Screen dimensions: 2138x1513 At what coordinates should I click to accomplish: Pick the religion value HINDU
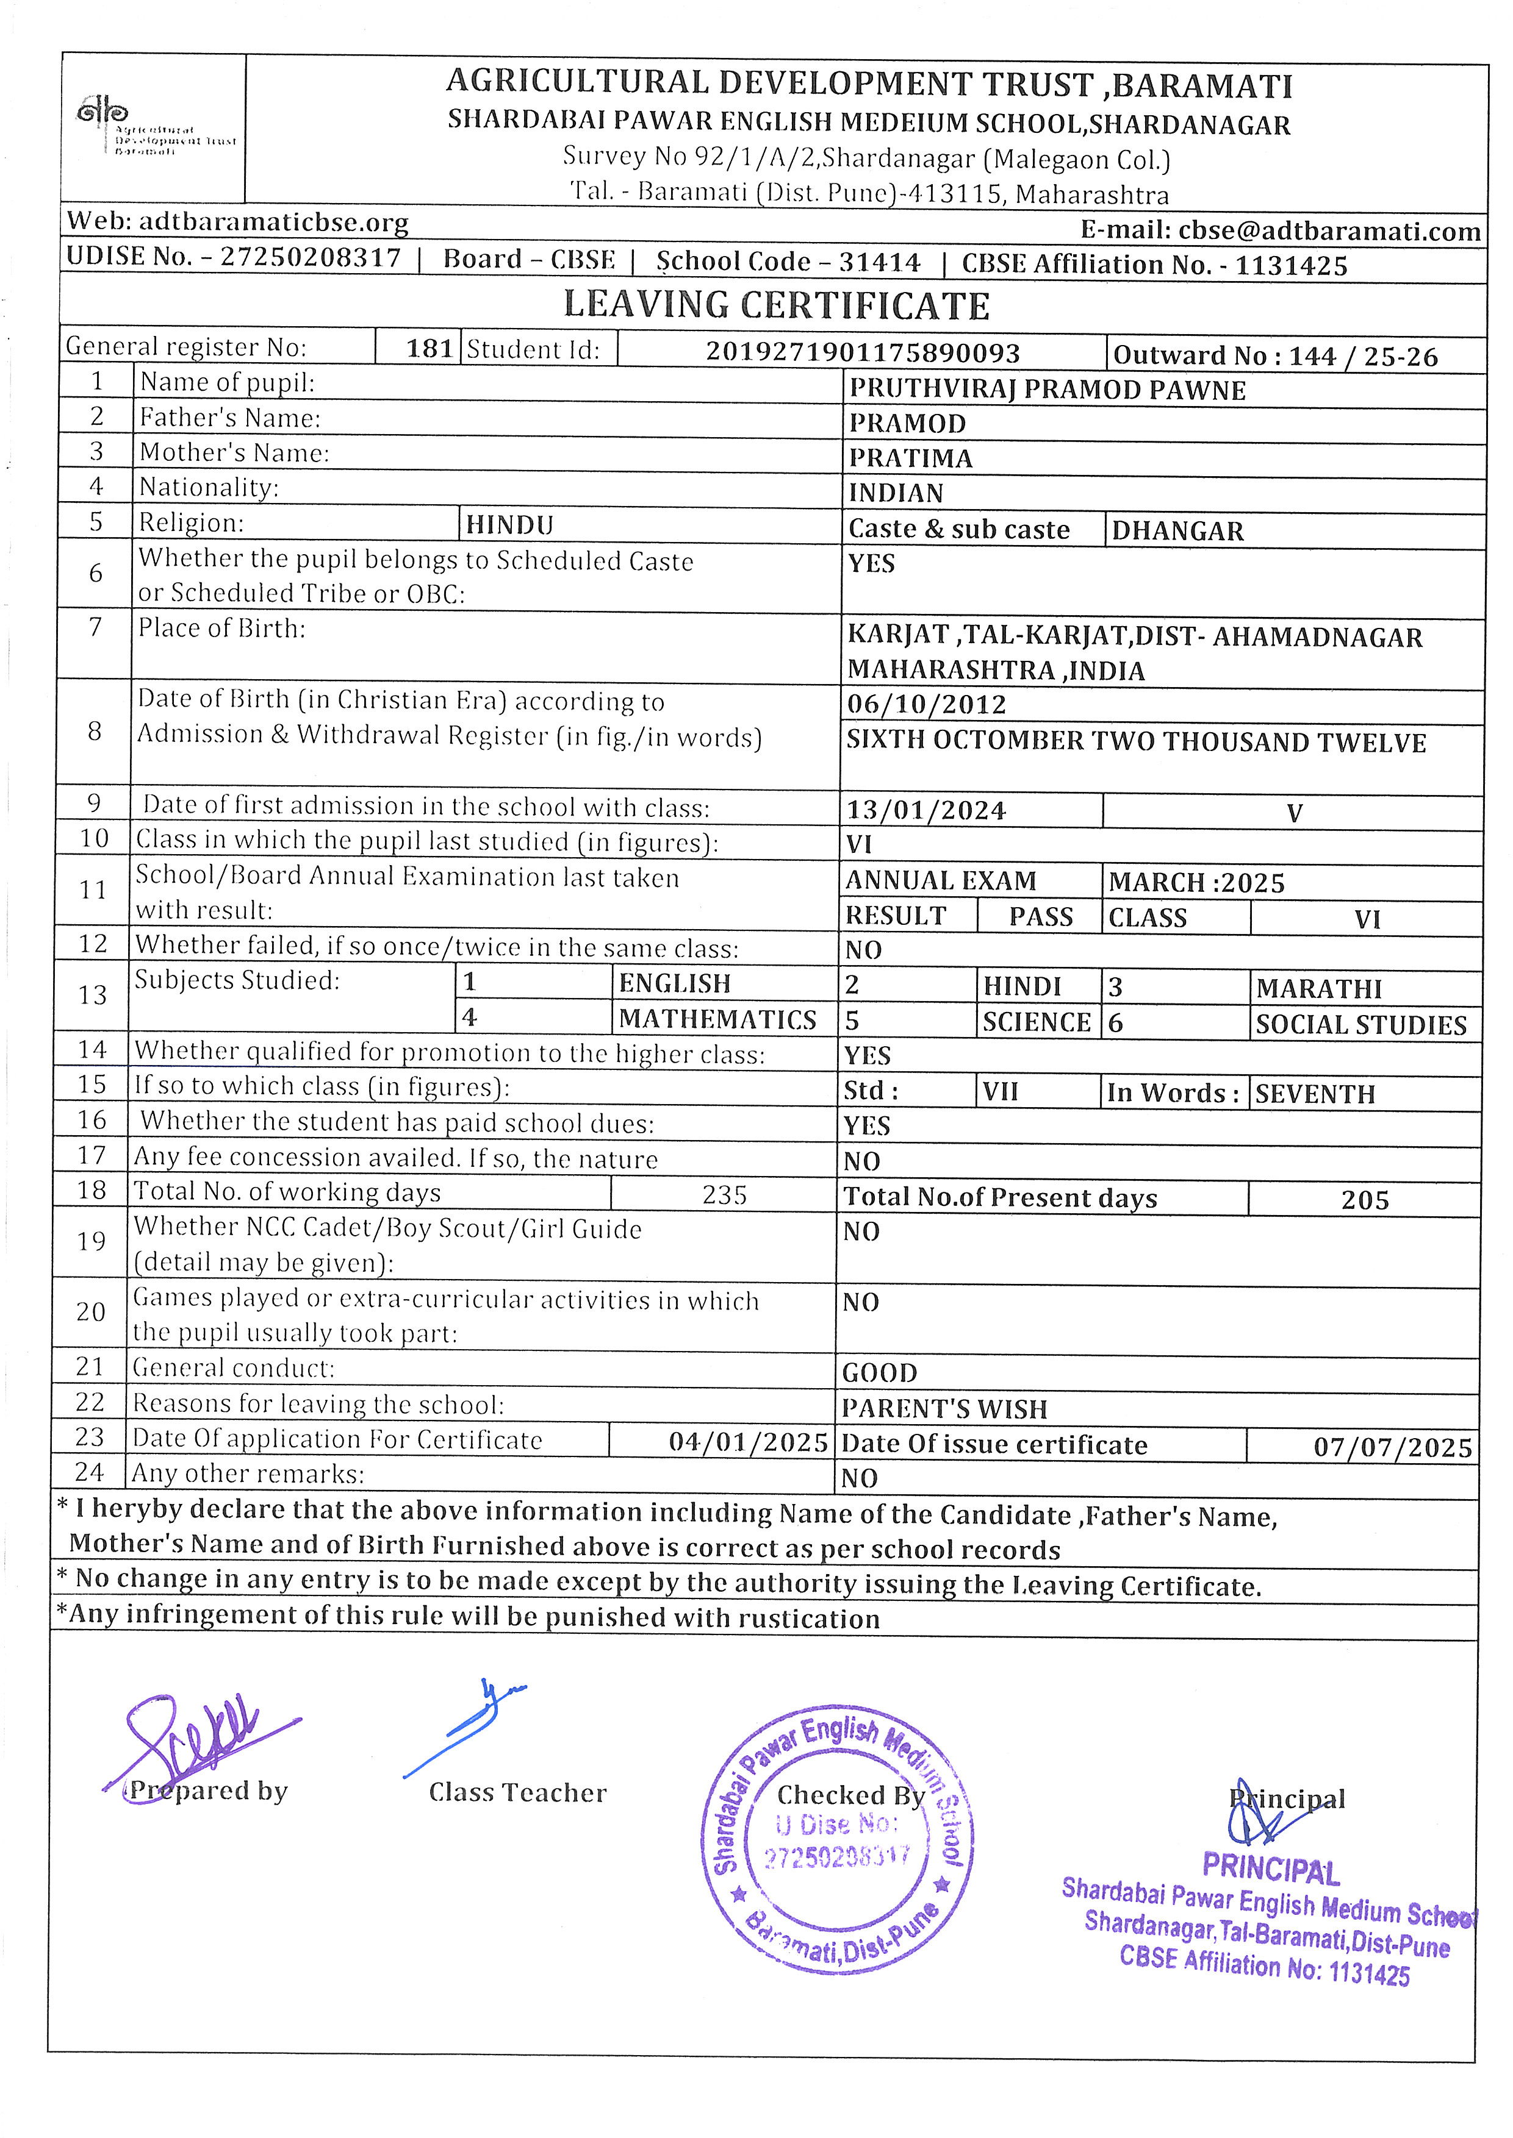point(509,525)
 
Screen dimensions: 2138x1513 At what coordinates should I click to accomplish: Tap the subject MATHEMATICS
point(717,1020)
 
